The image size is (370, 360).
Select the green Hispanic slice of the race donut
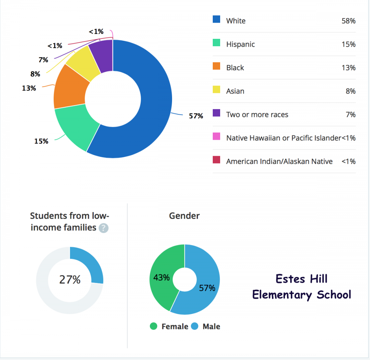coord(76,128)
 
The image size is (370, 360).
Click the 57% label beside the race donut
coord(196,116)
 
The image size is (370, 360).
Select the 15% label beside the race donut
coord(41,141)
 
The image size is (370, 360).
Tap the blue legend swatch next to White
coord(216,19)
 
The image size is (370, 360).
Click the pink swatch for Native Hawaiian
coord(216,137)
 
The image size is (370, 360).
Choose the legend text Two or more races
coord(257,115)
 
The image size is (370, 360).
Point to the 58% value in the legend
coord(349,21)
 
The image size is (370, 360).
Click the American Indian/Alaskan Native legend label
coord(279,161)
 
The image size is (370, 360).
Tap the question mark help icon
coord(104,228)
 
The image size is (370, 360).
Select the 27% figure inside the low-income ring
coord(70,280)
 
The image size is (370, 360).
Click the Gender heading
coord(184,216)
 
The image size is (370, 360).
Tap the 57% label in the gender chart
coord(207,288)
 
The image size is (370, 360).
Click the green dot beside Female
coord(154,326)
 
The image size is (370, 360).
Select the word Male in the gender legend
coord(211,327)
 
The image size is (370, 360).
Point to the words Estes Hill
coord(302,279)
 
